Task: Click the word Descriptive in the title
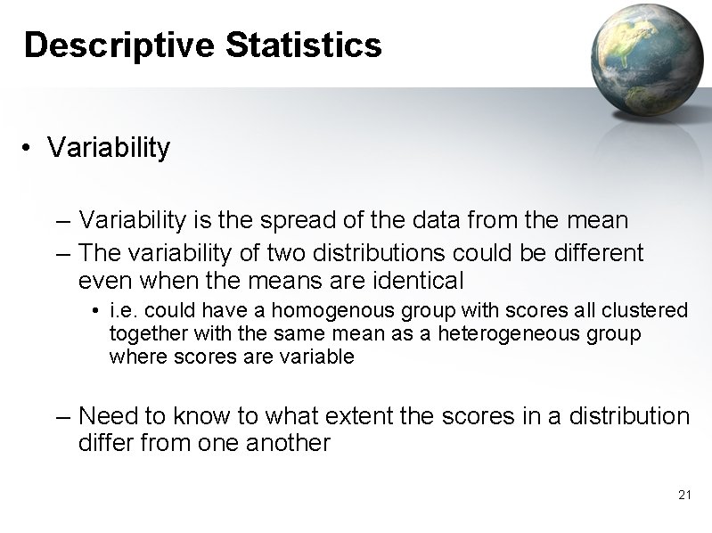click(x=119, y=45)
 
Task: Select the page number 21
click(x=684, y=495)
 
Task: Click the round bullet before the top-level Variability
click(x=29, y=148)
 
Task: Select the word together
click(x=143, y=334)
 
